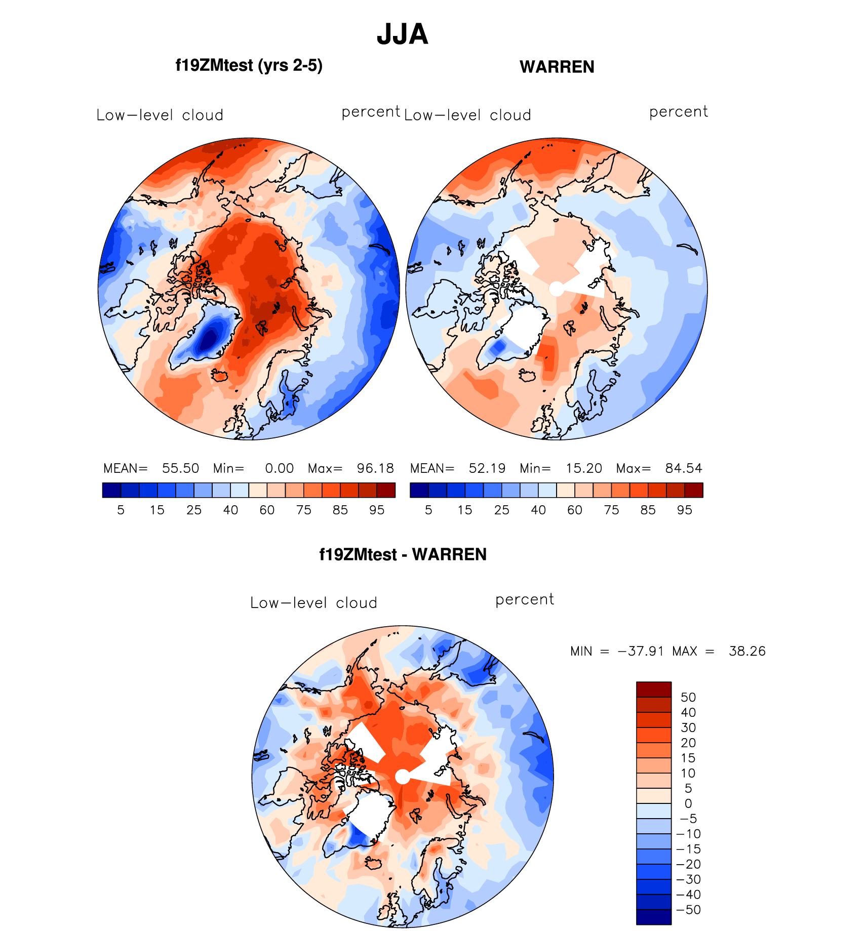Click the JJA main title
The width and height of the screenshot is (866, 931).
pos(403,34)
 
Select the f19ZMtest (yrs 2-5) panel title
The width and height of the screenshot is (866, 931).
pos(249,65)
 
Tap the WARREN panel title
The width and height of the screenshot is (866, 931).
pos(557,67)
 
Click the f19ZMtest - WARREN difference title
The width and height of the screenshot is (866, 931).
pos(403,554)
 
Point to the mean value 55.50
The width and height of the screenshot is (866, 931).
pos(180,468)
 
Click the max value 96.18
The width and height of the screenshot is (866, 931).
pos(375,468)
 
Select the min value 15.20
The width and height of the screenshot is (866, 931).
pos(584,468)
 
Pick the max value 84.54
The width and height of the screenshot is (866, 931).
pos(684,468)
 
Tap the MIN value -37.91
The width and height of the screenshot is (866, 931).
pos(641,651)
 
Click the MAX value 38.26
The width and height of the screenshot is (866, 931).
pos(747,651)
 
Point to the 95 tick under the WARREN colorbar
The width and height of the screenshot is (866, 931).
pos(684,510)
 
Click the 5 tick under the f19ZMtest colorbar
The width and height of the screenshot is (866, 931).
pos(121,510)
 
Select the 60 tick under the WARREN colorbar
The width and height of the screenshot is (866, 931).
pos(574,510)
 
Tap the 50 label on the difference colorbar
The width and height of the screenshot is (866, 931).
pos(688,698)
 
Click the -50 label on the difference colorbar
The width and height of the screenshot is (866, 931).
pos(688,910)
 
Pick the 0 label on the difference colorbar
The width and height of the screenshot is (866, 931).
pos(688,803)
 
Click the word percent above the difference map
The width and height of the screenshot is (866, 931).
pos(525,600)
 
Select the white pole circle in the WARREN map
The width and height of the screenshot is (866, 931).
pos(556,289)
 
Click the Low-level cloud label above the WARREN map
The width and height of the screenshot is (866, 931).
pos(467,115)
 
